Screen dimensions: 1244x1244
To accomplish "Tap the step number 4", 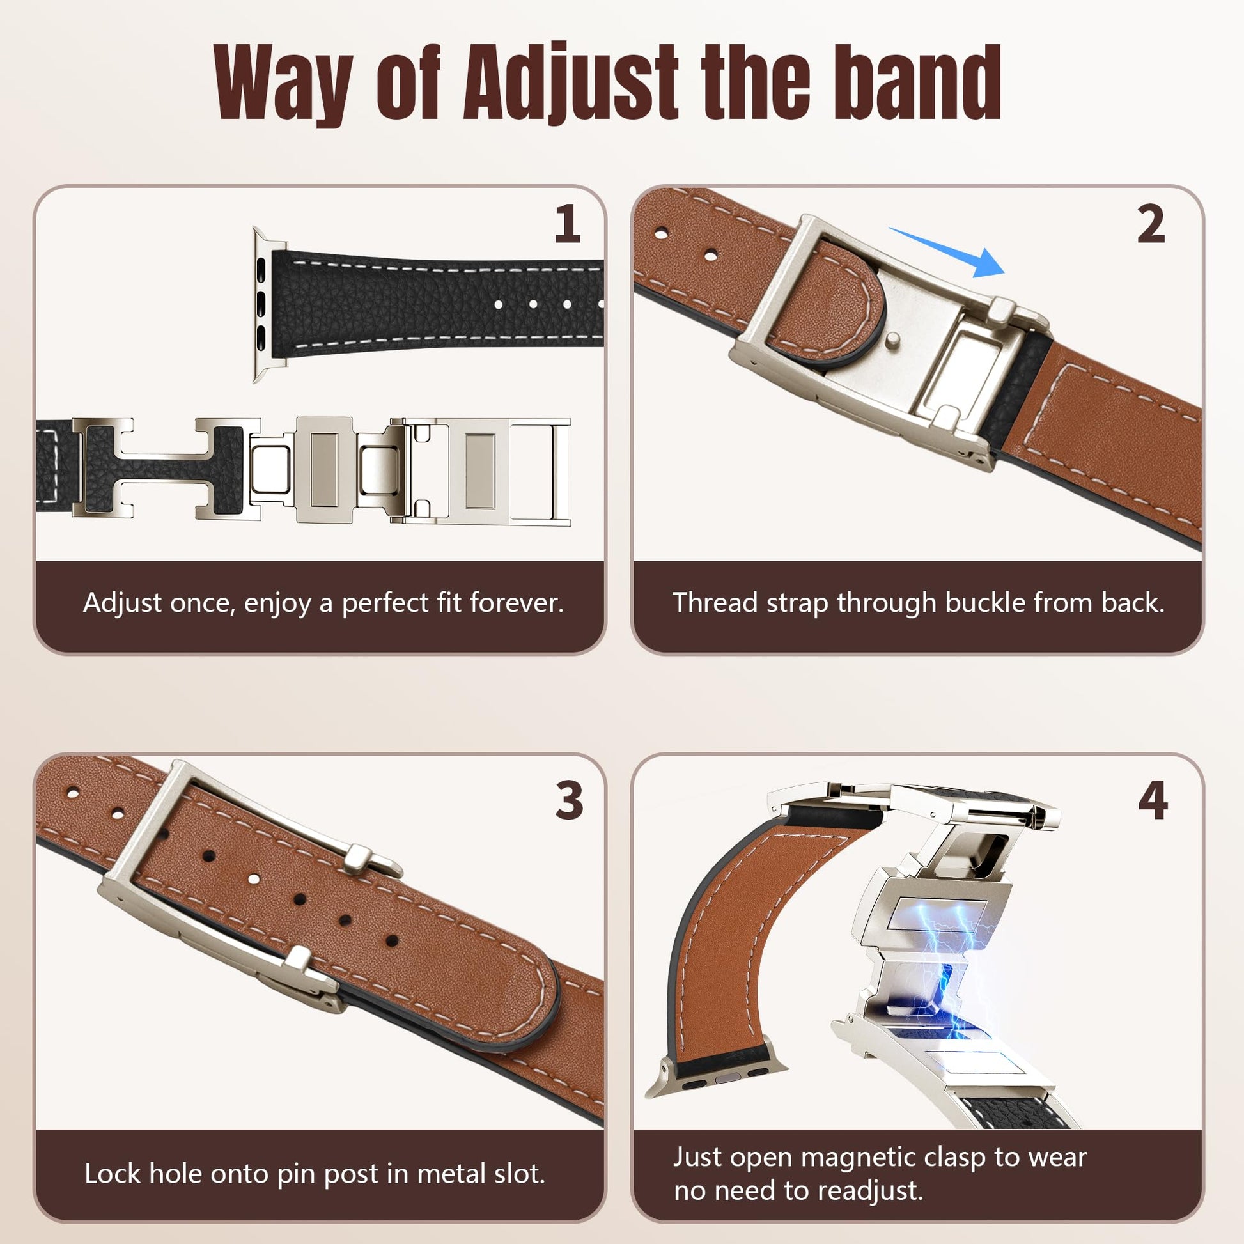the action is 1152,800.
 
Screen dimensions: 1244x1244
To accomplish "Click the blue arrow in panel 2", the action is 947,252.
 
